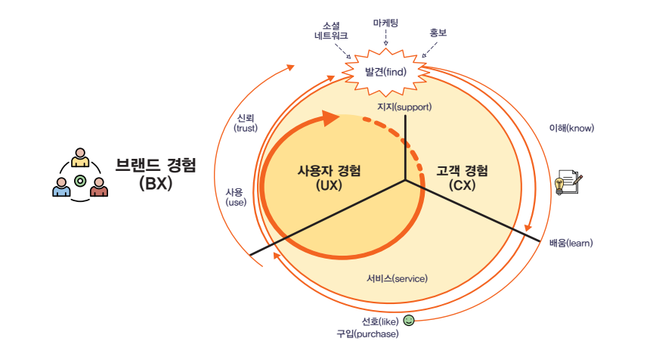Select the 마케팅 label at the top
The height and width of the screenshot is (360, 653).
pyautogui.click(x=385, y=23)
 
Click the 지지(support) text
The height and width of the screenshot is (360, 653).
pyautogui.click(x=404, y=107)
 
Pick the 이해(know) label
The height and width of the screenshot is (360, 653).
pyautogui.click(x=571, y=128)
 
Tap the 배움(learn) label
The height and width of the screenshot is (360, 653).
pyautogui.click(x=571, y=243)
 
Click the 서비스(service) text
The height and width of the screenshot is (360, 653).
pyautogui.click(x=397, y=278)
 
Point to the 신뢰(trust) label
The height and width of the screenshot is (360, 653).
pyautogui.click(x=246, y=123)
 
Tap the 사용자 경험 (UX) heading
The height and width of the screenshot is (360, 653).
pyautogui.click(x=329, y=176)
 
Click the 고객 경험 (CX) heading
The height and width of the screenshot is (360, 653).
pyautogui.click(x=462, y=176)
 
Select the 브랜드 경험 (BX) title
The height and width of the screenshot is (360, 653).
pyautogui.click(x=156, y=173)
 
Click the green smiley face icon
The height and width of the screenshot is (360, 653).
pyautogui.click(x=409, y=321)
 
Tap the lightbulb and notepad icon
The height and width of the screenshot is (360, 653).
pyautogui.click(x=568, y=182)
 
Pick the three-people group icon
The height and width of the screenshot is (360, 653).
pyautogui.click(x=80, y=175)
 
